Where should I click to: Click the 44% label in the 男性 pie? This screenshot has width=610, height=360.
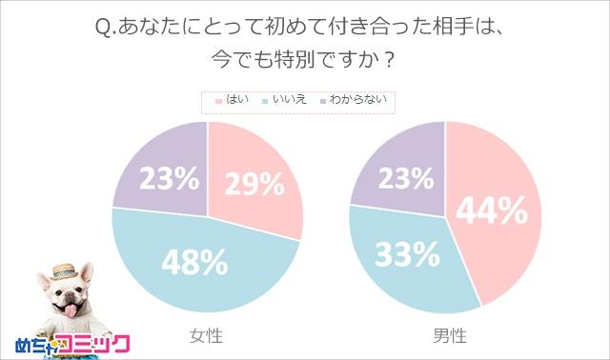tap(492, 211)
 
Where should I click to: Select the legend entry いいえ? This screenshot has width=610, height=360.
tap(287, 99)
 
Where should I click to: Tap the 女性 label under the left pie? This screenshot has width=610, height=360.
tap(208, 334)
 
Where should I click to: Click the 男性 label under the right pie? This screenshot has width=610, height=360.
tap(446, 334)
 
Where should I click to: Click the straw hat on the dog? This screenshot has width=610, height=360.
tap(66, 270)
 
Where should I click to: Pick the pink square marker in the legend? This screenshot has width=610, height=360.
tap(218, 99)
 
